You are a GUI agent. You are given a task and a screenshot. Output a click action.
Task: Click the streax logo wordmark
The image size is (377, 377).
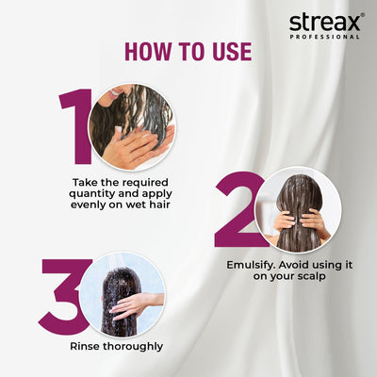[x=324, y=21]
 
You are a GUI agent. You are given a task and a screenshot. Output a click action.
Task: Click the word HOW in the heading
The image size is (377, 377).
[x=148, y=51]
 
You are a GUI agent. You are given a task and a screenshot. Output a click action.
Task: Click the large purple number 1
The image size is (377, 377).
[x=75, y=127]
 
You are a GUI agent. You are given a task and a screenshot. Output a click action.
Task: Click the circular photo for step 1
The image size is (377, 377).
[x=131, y=127]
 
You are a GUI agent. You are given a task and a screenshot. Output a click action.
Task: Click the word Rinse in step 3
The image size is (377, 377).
[x=87, y=346]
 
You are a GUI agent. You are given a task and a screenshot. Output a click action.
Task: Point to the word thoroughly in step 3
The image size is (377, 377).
[x=135, y=346]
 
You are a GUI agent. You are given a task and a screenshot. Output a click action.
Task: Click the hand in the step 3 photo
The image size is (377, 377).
[x=131, y=303]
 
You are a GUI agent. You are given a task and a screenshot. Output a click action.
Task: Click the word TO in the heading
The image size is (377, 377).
[x=189, y=51]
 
